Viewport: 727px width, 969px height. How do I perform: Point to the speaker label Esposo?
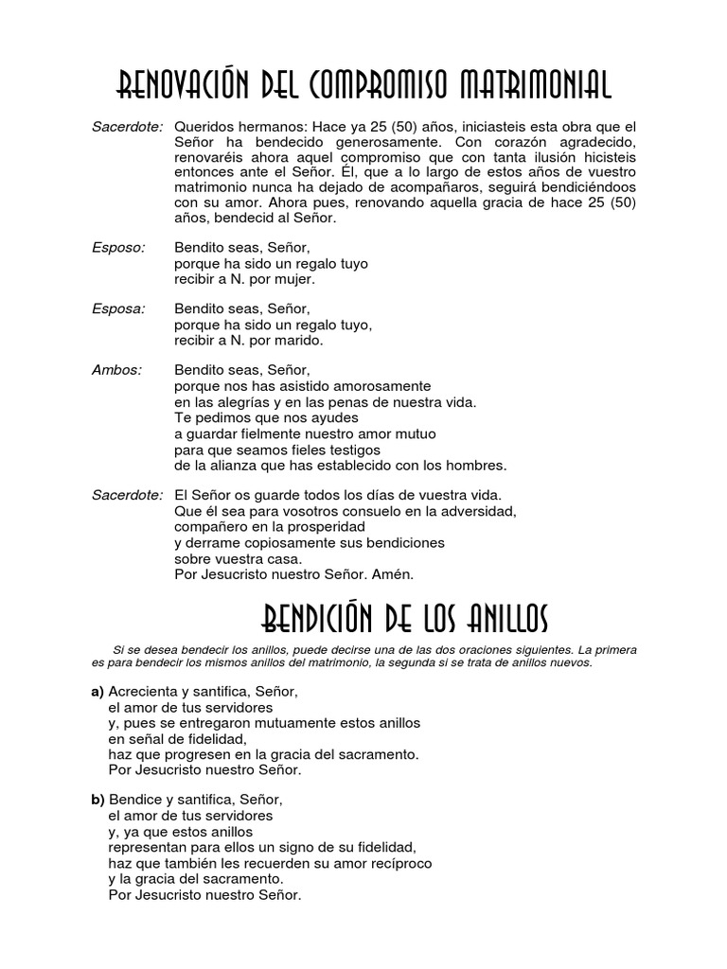(118, 248)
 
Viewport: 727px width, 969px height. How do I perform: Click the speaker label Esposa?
(118, 308)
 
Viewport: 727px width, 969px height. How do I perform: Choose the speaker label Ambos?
(116, 370)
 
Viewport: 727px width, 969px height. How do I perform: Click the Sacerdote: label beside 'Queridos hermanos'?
(128, 127)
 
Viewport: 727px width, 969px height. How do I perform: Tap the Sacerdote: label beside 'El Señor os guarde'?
(128, 495)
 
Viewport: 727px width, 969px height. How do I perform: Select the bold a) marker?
(97, 692)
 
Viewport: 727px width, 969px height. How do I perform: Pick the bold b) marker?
(97, 800)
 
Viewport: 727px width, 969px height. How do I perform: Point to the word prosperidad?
(319, 526)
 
